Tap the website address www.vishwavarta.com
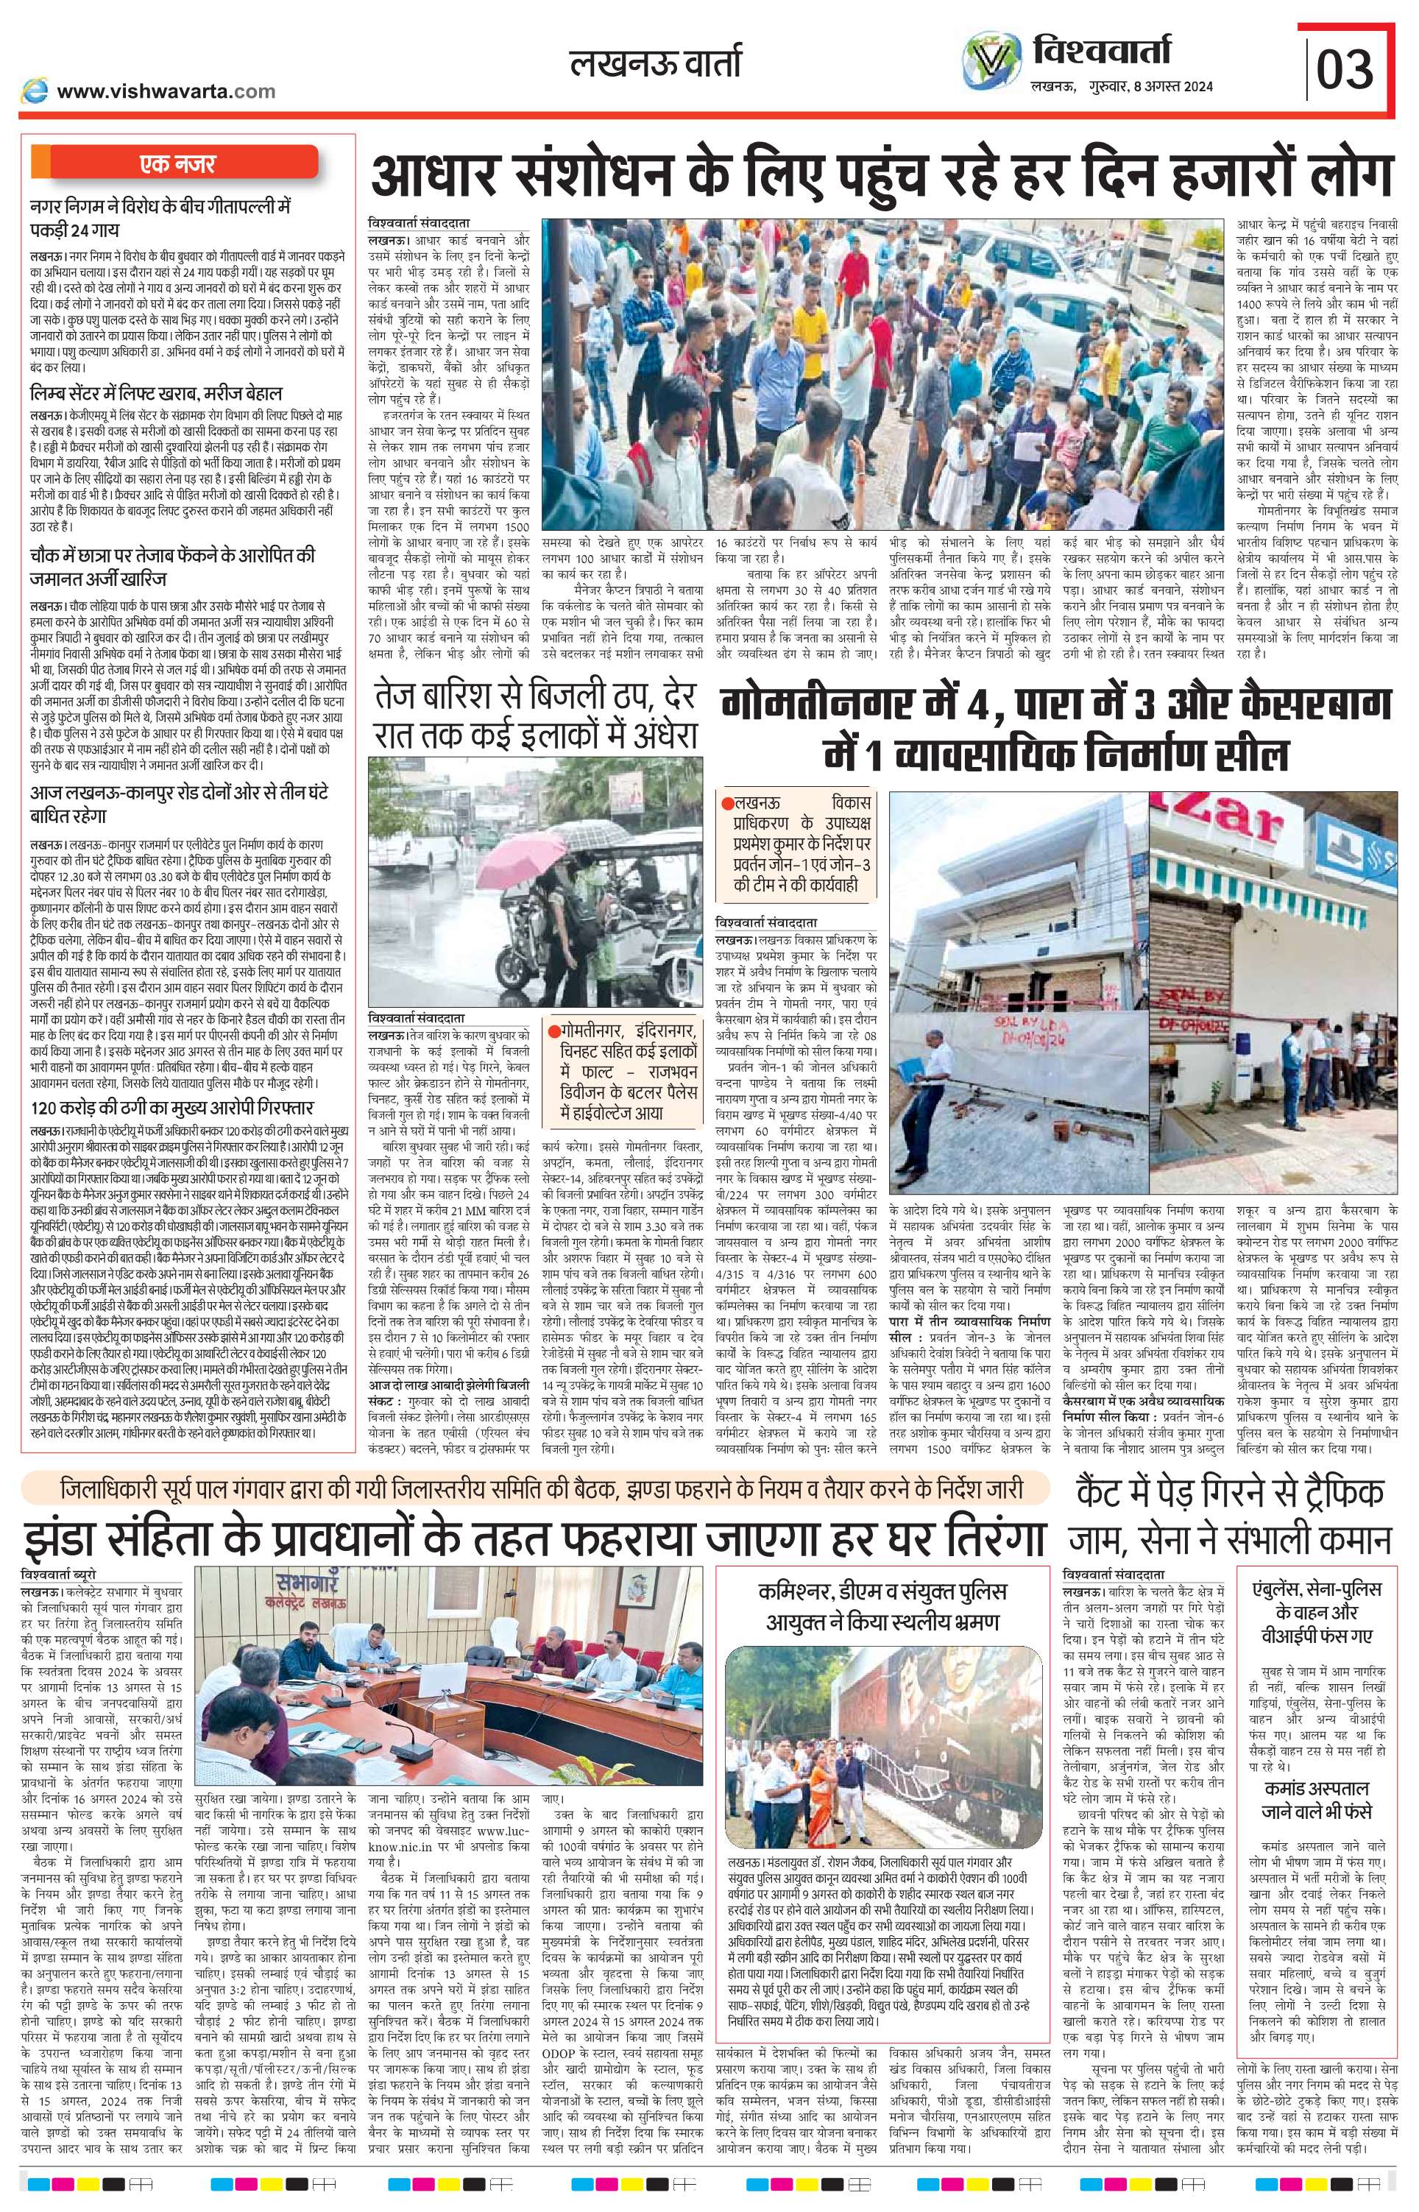coord(166,91)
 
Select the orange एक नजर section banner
coord(175,164)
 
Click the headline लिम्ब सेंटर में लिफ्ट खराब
coord(156,393)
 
